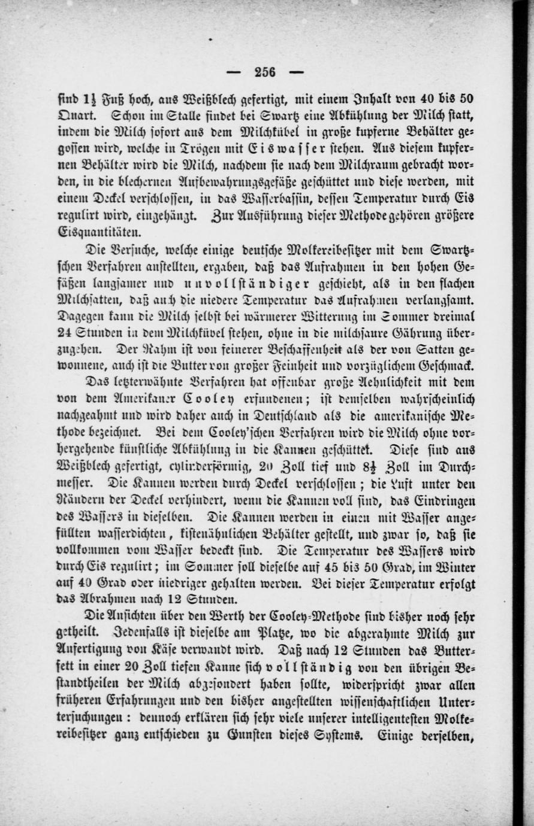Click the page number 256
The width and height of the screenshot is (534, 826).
click(x=264, y=72)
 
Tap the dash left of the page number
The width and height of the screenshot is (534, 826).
click(x=235, y=72)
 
